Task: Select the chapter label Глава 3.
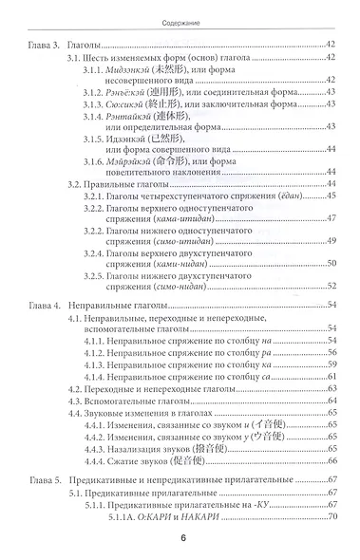coord(45,45)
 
